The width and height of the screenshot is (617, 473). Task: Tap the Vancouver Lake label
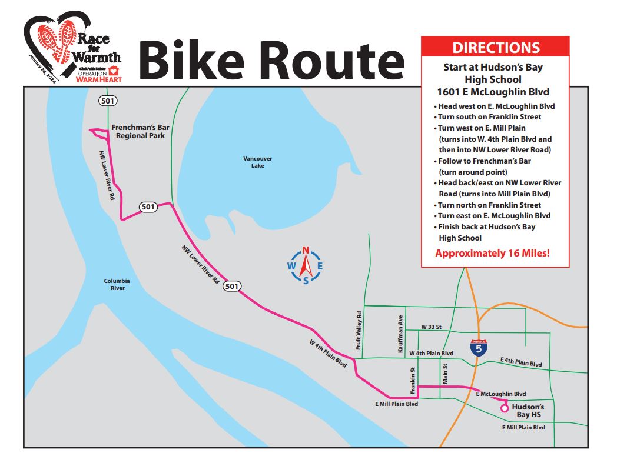click(257, 162)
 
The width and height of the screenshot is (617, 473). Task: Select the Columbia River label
click(117, 284)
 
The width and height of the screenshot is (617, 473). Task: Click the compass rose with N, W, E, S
click(306, 267)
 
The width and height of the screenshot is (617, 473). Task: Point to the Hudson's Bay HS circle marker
click(504, 408)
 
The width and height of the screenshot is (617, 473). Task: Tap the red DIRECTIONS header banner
click(495, 48)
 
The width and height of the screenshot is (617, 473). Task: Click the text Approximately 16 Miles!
click(493, 254)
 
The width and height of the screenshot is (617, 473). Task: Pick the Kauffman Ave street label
click(400, 334)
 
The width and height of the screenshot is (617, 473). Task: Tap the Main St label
click(445, 374)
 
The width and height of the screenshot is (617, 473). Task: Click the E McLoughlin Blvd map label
click(500, 394)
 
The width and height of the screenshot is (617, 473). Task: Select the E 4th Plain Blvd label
click(520, 362)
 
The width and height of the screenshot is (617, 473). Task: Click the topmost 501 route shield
click(108, 101)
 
